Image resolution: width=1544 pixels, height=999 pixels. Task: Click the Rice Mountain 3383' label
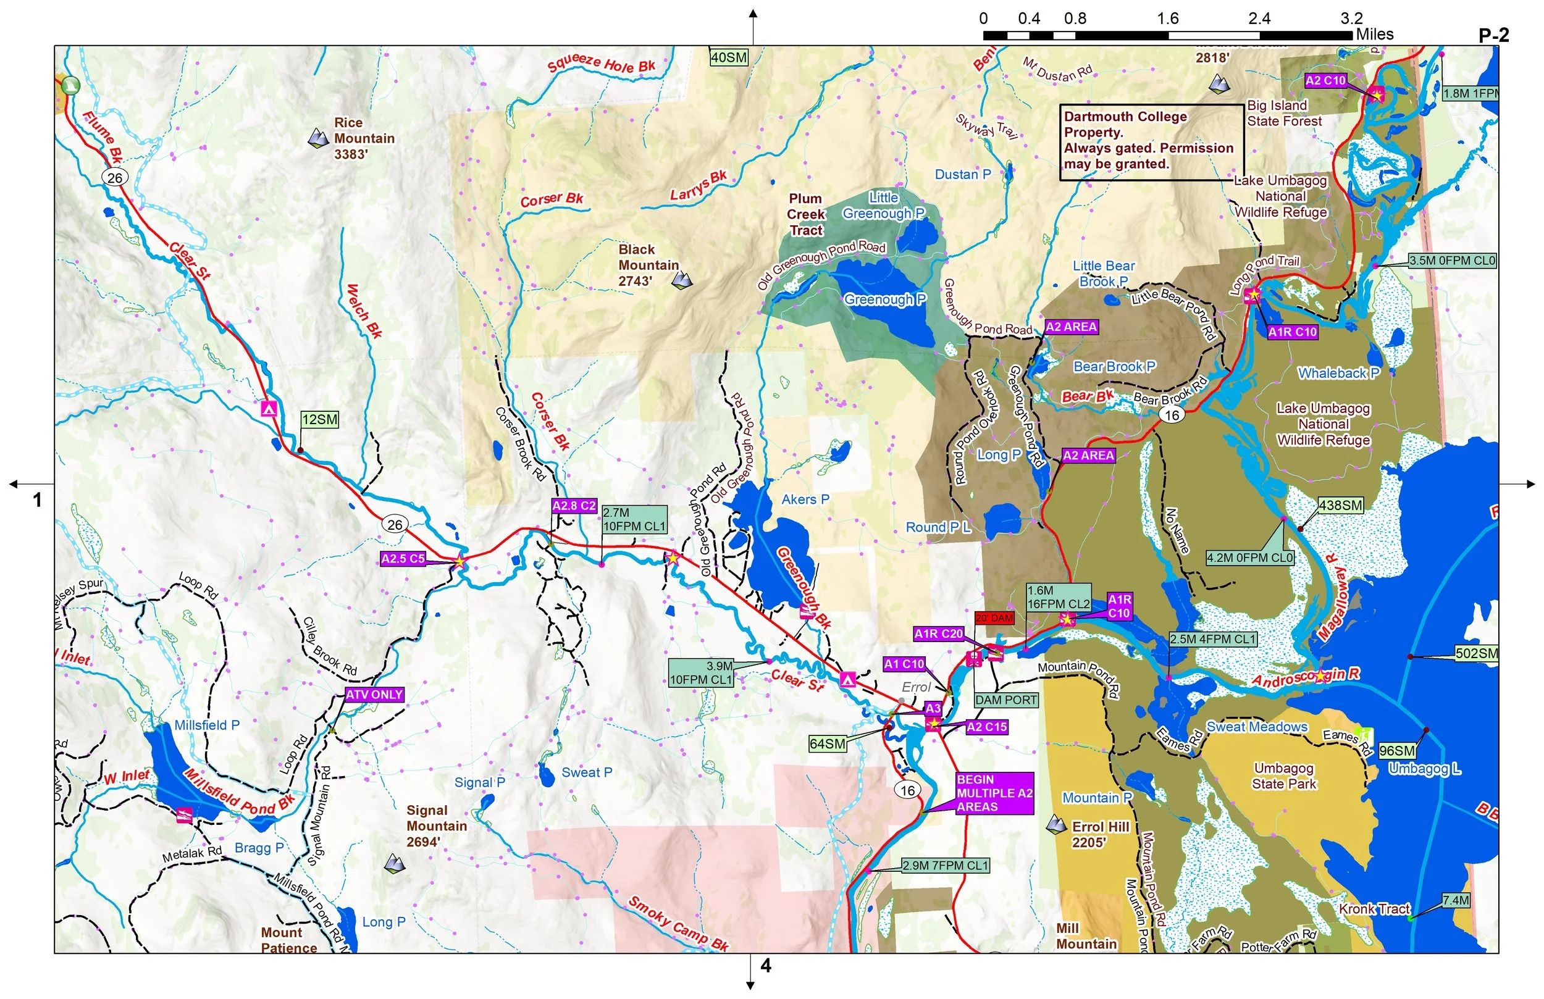coord(363,138)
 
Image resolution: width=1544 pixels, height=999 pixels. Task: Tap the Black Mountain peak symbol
coord(682,280)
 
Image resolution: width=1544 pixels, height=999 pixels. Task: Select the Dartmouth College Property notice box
coord(1151,141)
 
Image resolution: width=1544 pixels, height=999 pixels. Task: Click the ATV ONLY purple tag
coord(374,695)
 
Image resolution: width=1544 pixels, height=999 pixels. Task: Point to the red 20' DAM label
coord(994,618)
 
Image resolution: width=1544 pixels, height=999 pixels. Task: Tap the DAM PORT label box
coord(1006,700)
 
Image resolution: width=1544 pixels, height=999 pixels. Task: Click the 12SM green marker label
coord(320,420)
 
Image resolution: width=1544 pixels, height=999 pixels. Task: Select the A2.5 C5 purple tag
coord(403,559)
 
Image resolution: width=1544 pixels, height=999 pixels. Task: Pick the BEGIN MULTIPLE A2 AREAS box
coord(994,793)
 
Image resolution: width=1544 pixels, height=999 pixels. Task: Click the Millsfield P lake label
coord(207,725)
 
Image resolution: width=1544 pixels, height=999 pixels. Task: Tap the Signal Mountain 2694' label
coord(436,826)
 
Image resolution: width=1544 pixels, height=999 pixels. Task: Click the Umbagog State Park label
coord(1283,776)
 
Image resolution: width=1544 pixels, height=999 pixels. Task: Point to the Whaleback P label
coord(1338,373)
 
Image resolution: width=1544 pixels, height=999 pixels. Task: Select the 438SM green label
coord(1340,505)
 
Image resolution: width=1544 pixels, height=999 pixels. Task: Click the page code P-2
coord(1493,35)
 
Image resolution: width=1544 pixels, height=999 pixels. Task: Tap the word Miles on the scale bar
coord(1375,35)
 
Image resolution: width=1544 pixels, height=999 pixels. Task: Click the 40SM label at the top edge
coord(729,57)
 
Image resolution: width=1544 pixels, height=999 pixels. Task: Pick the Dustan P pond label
coord(963,175)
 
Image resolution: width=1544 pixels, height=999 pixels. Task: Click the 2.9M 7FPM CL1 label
coord(945,866)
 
